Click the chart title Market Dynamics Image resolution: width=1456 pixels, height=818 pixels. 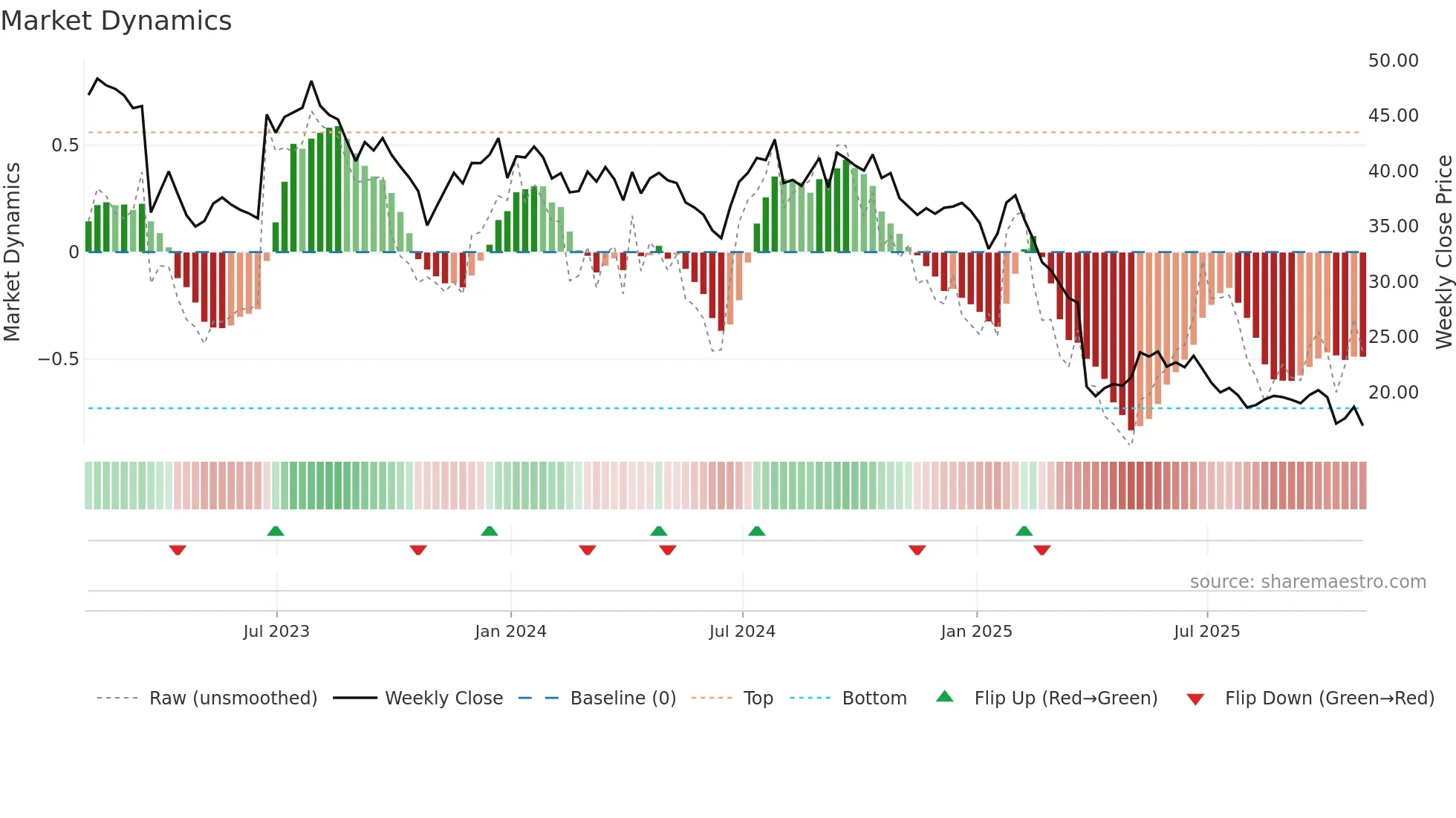point(116,21)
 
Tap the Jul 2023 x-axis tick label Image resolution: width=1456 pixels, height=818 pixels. point(276,632)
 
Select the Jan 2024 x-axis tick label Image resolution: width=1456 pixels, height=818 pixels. point(510,632)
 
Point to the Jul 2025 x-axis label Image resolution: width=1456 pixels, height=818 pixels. point(1206,632)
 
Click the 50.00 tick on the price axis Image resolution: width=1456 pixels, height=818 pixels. point(1393,61)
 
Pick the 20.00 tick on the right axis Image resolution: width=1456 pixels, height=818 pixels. point(1393,393)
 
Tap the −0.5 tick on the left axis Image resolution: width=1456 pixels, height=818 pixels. point(59,359)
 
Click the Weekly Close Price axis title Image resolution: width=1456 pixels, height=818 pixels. point(1443,252)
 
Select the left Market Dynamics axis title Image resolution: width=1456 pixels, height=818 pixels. point(12,252)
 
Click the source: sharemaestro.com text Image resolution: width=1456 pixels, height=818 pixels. point(1307,582)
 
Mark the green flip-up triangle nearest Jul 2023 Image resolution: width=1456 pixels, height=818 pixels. point(276,531)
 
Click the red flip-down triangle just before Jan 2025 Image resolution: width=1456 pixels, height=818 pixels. point(917,550)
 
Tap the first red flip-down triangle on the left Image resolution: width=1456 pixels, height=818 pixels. point(178,550)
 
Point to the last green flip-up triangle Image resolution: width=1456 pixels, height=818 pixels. point(1024,531)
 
